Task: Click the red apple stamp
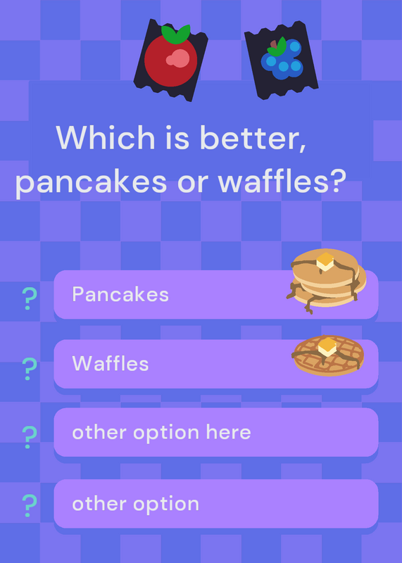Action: coord(170,60)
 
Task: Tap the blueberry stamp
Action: coord(282,61)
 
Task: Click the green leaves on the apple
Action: coord(176,34)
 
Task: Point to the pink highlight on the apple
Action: coord(178,58)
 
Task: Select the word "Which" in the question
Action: coord(106,137)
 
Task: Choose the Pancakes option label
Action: coord(120,294)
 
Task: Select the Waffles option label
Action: coord(111,363)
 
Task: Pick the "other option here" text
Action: coord(161,432)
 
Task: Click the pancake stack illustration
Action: coord(326,281)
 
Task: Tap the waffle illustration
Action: coord(328,355)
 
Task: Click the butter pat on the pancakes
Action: coord(325,261)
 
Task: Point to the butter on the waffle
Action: coord(327,347)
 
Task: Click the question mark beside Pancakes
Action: coord(29,298)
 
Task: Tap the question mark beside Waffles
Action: coord(29,369)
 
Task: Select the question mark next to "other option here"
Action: coord(29,437)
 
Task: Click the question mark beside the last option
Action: coord(29,505)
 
